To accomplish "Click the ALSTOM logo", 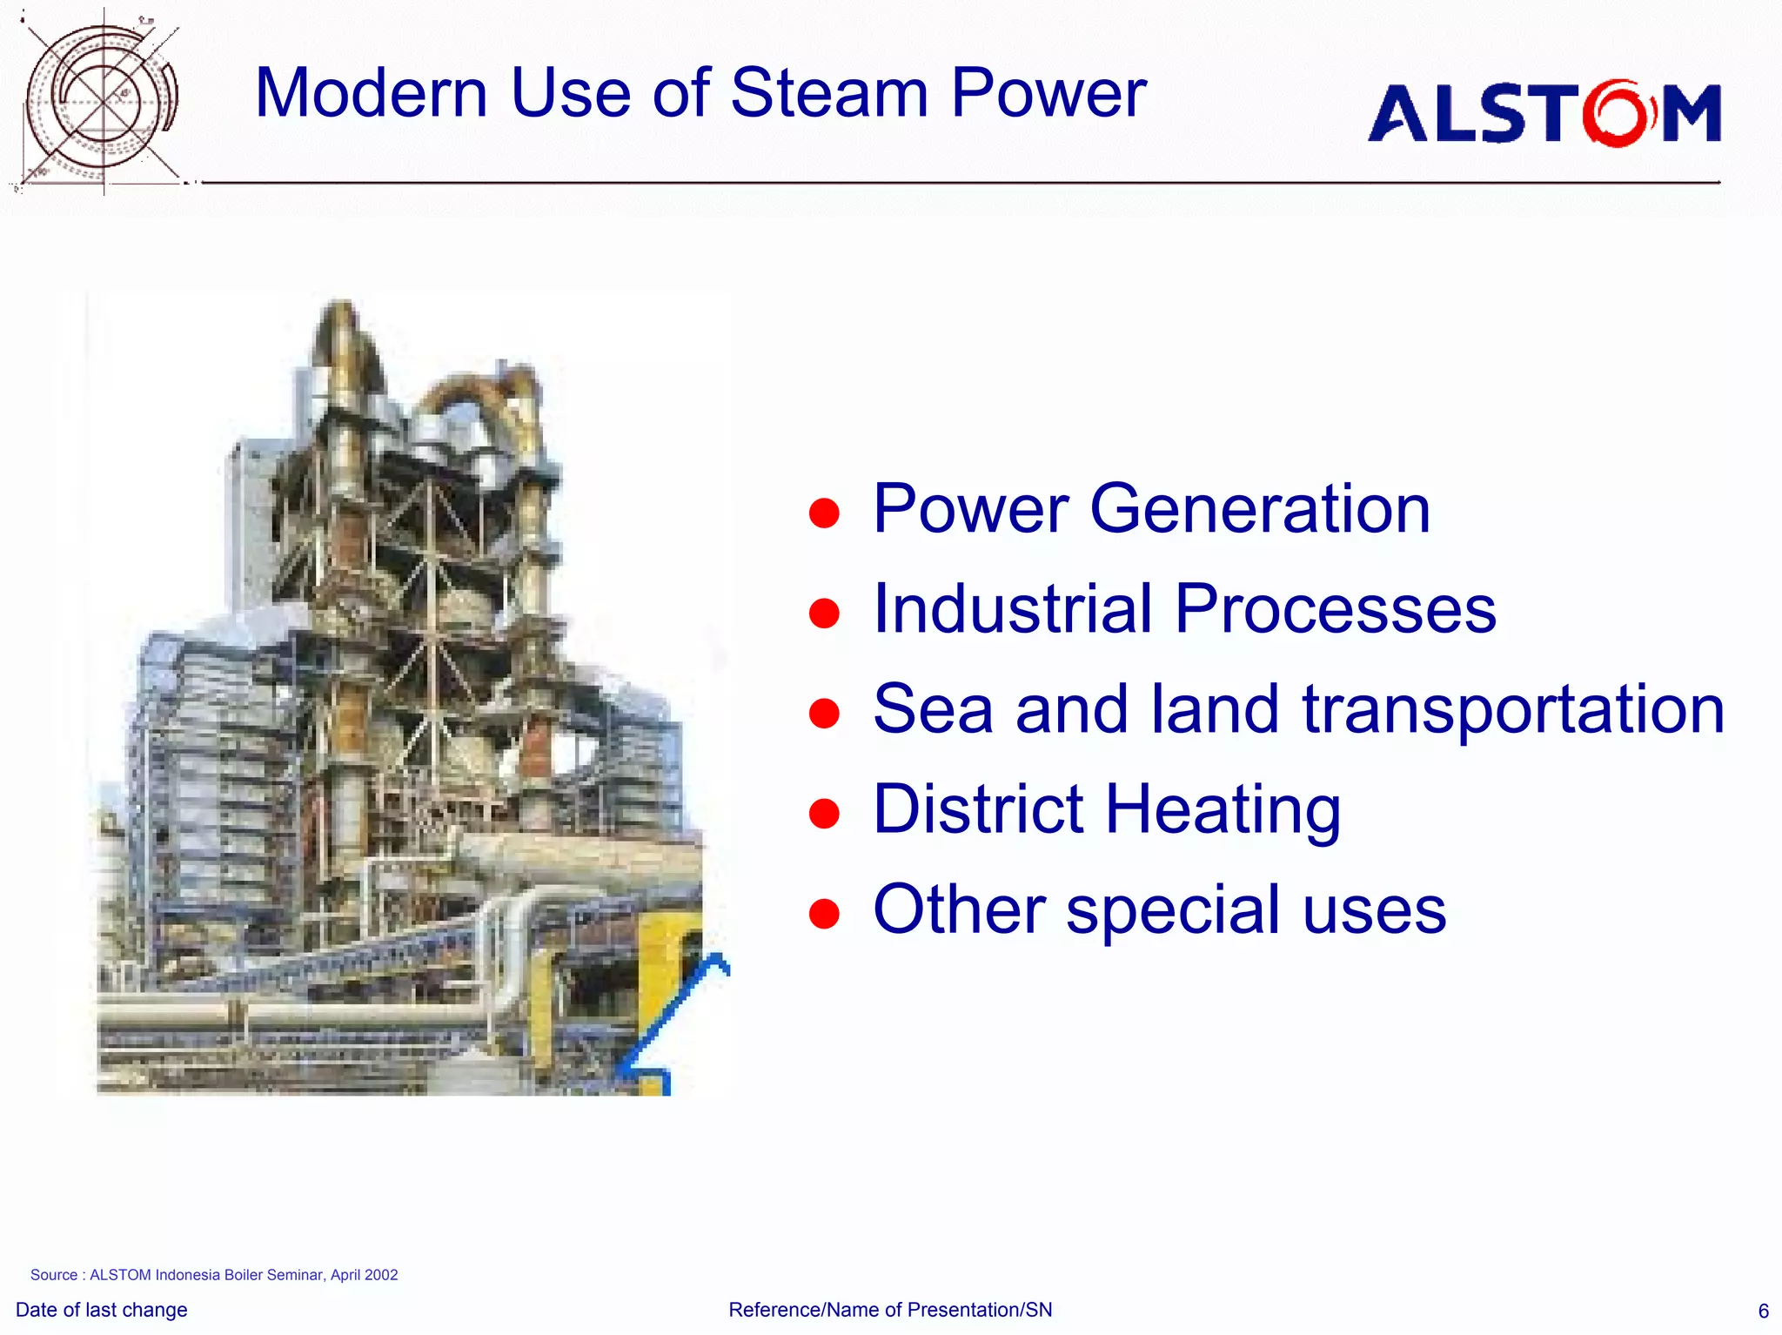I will pyautogui.click(x=1544, y=113).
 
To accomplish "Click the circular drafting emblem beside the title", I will pyautogui.click(x=103, y=100).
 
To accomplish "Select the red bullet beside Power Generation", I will pyautogui.click(x=823, y=513).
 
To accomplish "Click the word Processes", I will pyautogui.click(x=1335, y=608).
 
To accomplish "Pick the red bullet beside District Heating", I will pyautogui.click(x=823, y=814).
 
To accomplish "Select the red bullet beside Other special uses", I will pyautogui.click(x=823, y=914).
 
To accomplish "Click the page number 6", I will pyautogui.click(x=1763, y=1311).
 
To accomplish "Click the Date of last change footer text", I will pyautogui.click(x=102, y=1310).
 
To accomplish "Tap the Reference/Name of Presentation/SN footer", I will pyautogui.click(x=890, y=1310).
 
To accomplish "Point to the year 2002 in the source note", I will pyautogui.click(x=381, y=1275).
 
